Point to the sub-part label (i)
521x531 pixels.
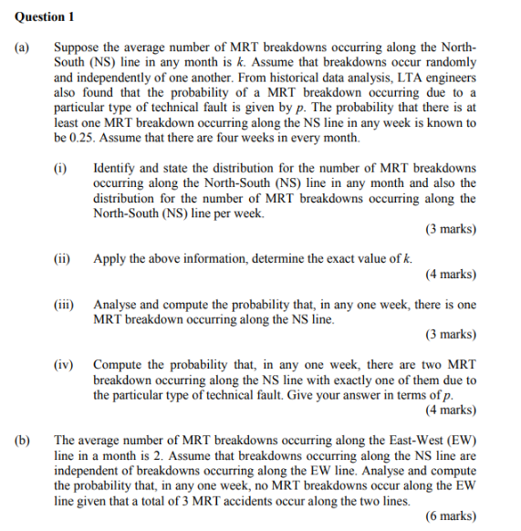tap(61, 169)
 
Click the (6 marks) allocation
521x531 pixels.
tap(451, 515)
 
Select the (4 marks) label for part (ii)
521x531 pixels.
tap(451, 274)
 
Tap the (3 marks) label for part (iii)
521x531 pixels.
tap(451, 335)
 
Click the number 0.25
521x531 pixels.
tap(82, 138)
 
